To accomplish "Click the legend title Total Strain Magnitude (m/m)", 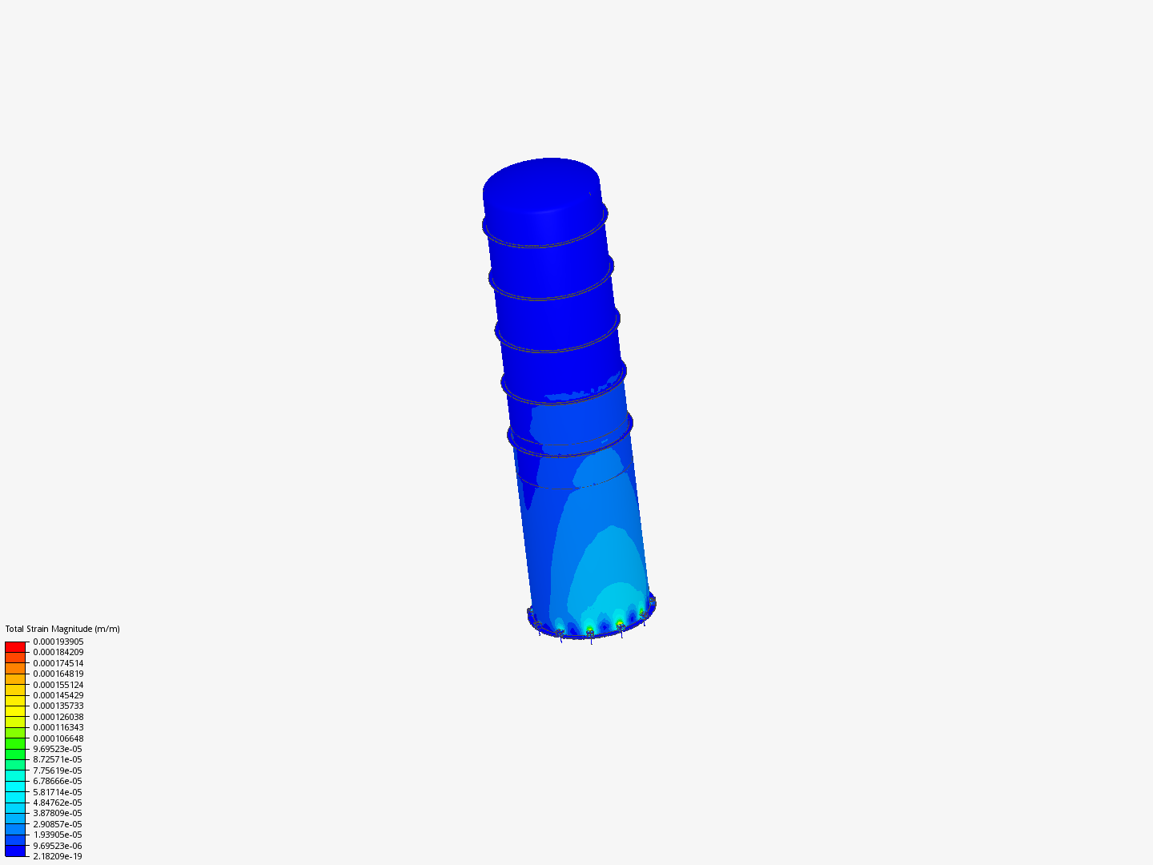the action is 62,629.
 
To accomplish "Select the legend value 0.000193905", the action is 58,642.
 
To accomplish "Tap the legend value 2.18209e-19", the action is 58,856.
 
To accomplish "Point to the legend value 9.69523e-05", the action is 58,749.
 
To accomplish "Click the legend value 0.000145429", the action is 58,695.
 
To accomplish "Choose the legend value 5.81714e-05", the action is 58,792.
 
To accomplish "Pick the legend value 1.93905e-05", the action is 58,835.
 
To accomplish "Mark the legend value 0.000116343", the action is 58,727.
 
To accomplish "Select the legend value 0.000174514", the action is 58,663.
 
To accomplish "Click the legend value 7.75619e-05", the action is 58,770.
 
